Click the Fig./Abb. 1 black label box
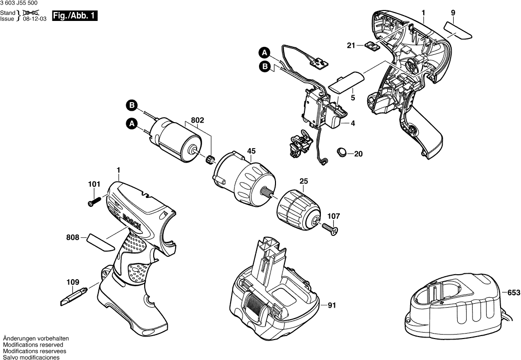point(75,16)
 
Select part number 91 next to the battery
point(333,305)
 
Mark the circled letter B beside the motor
point(132,106)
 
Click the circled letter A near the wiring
point(264,51)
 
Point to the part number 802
point(197,120)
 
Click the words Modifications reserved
point(33,345)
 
